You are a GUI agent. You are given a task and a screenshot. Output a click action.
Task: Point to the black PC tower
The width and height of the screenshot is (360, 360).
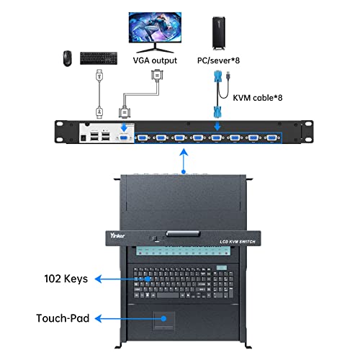click(218, 29)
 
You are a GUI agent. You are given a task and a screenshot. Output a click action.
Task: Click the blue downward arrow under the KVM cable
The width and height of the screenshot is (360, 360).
click(216, 125)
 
